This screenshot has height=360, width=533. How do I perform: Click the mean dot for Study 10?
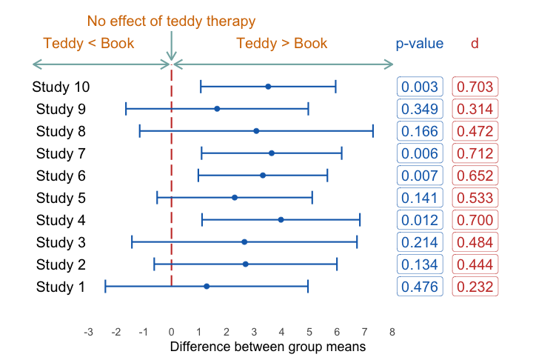tap(268, 87)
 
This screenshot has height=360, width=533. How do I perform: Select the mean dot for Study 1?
tap(207, 287)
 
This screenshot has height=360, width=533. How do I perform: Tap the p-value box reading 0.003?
tap(420, 87)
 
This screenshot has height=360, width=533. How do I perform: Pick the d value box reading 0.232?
tap(475, 287)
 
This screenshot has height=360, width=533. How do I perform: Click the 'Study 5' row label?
tap(61, 198)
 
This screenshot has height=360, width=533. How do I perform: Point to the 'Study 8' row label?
tap(61, 131)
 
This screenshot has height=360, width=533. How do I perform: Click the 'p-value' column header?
tap(420, 44)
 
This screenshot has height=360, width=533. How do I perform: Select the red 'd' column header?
tap(475, 44)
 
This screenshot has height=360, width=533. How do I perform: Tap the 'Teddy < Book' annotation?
tap(89, 43)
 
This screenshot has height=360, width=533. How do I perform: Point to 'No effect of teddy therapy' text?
tap(171, 21)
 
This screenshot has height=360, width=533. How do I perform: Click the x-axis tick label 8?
tap(392, 332)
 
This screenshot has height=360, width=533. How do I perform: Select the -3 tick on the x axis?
tap(88, 332)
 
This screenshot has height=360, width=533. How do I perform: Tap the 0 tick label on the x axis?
tap(171, 332)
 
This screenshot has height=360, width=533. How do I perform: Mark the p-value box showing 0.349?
tap(420, 109)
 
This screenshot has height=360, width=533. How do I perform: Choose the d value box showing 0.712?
tap(475, 153)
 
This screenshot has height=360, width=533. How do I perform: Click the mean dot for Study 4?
tap(281, 220)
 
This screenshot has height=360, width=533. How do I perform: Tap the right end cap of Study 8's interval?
tap(373, 131)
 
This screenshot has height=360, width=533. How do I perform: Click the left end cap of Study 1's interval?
tap(106, 287)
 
